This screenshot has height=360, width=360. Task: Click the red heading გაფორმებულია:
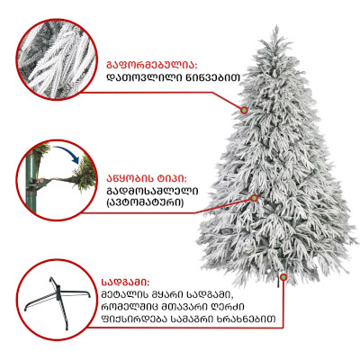[x=152, y=66]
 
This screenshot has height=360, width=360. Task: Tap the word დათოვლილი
[x=142, y=78]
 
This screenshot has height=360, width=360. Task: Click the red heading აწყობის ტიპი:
[x=147, y=179]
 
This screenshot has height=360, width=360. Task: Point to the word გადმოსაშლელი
[x=152, y=192]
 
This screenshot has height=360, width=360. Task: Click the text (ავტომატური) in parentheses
[x=145, y=202]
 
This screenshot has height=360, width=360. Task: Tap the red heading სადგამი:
[x=125, y=283]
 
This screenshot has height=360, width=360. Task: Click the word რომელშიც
[x=128, y=307]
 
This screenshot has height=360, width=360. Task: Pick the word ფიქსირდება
[x=132, y=319]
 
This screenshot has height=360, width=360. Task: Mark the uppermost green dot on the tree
[x=244, y=110]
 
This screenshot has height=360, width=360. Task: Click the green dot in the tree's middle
[x=255, y=198]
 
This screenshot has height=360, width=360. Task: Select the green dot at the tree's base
[x=283, y=276]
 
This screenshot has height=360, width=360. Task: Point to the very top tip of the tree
[x=275, y=26]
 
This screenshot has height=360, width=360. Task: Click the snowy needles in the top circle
[x=57, y=59]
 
